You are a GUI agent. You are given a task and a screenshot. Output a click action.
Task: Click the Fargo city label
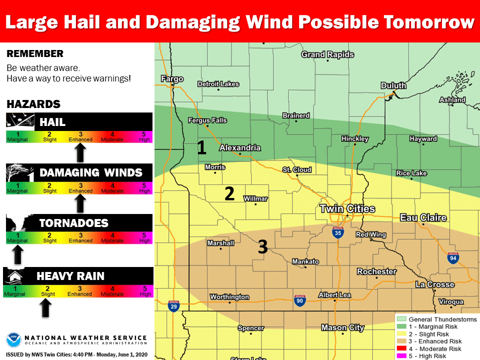[172, 79]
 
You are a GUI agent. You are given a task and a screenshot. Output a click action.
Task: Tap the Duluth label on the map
[393, 85]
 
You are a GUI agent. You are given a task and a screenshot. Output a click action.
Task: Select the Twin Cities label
[347, 208]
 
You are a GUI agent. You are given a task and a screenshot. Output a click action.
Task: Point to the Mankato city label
[305, 261]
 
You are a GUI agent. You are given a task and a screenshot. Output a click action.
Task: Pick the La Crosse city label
[435, 284]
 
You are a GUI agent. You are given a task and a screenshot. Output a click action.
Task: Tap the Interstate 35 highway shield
[338, 232]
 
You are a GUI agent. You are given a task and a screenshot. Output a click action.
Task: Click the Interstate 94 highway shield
[453, 258]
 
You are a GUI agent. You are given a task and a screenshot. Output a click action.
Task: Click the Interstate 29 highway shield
[173, 306]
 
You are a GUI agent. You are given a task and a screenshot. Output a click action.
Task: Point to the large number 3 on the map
[263, 246]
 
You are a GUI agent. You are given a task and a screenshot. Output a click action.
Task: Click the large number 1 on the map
[201, 147]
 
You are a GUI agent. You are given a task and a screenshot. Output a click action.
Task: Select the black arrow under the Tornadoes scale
[17, 253]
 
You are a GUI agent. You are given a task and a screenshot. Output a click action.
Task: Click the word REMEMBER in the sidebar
[35, 54]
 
